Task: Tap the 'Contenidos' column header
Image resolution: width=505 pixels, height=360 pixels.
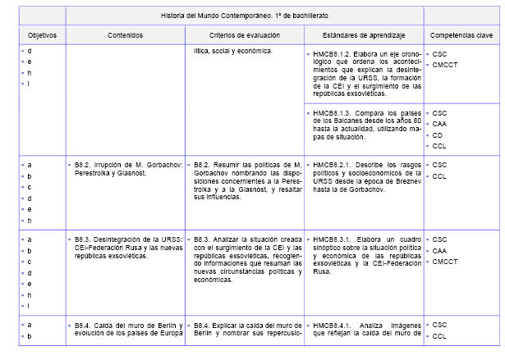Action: click(124, 36)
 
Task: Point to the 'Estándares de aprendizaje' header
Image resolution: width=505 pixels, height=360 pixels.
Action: click(362, 36)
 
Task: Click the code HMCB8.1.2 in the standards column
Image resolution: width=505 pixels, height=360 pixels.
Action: click(333, 52)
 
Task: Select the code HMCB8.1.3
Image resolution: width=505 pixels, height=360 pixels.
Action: click(333, 113)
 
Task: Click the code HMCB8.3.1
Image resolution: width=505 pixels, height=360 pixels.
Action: click(333, 239)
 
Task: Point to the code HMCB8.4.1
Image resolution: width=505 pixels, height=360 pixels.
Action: click(333, 326)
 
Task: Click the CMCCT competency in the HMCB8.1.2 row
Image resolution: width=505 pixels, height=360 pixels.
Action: click(446, 64)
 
